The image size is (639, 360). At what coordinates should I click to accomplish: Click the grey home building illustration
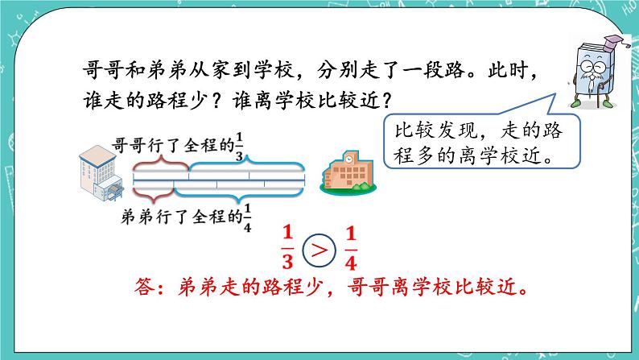(101, 172)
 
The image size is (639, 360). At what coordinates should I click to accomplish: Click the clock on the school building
(347, 159)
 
